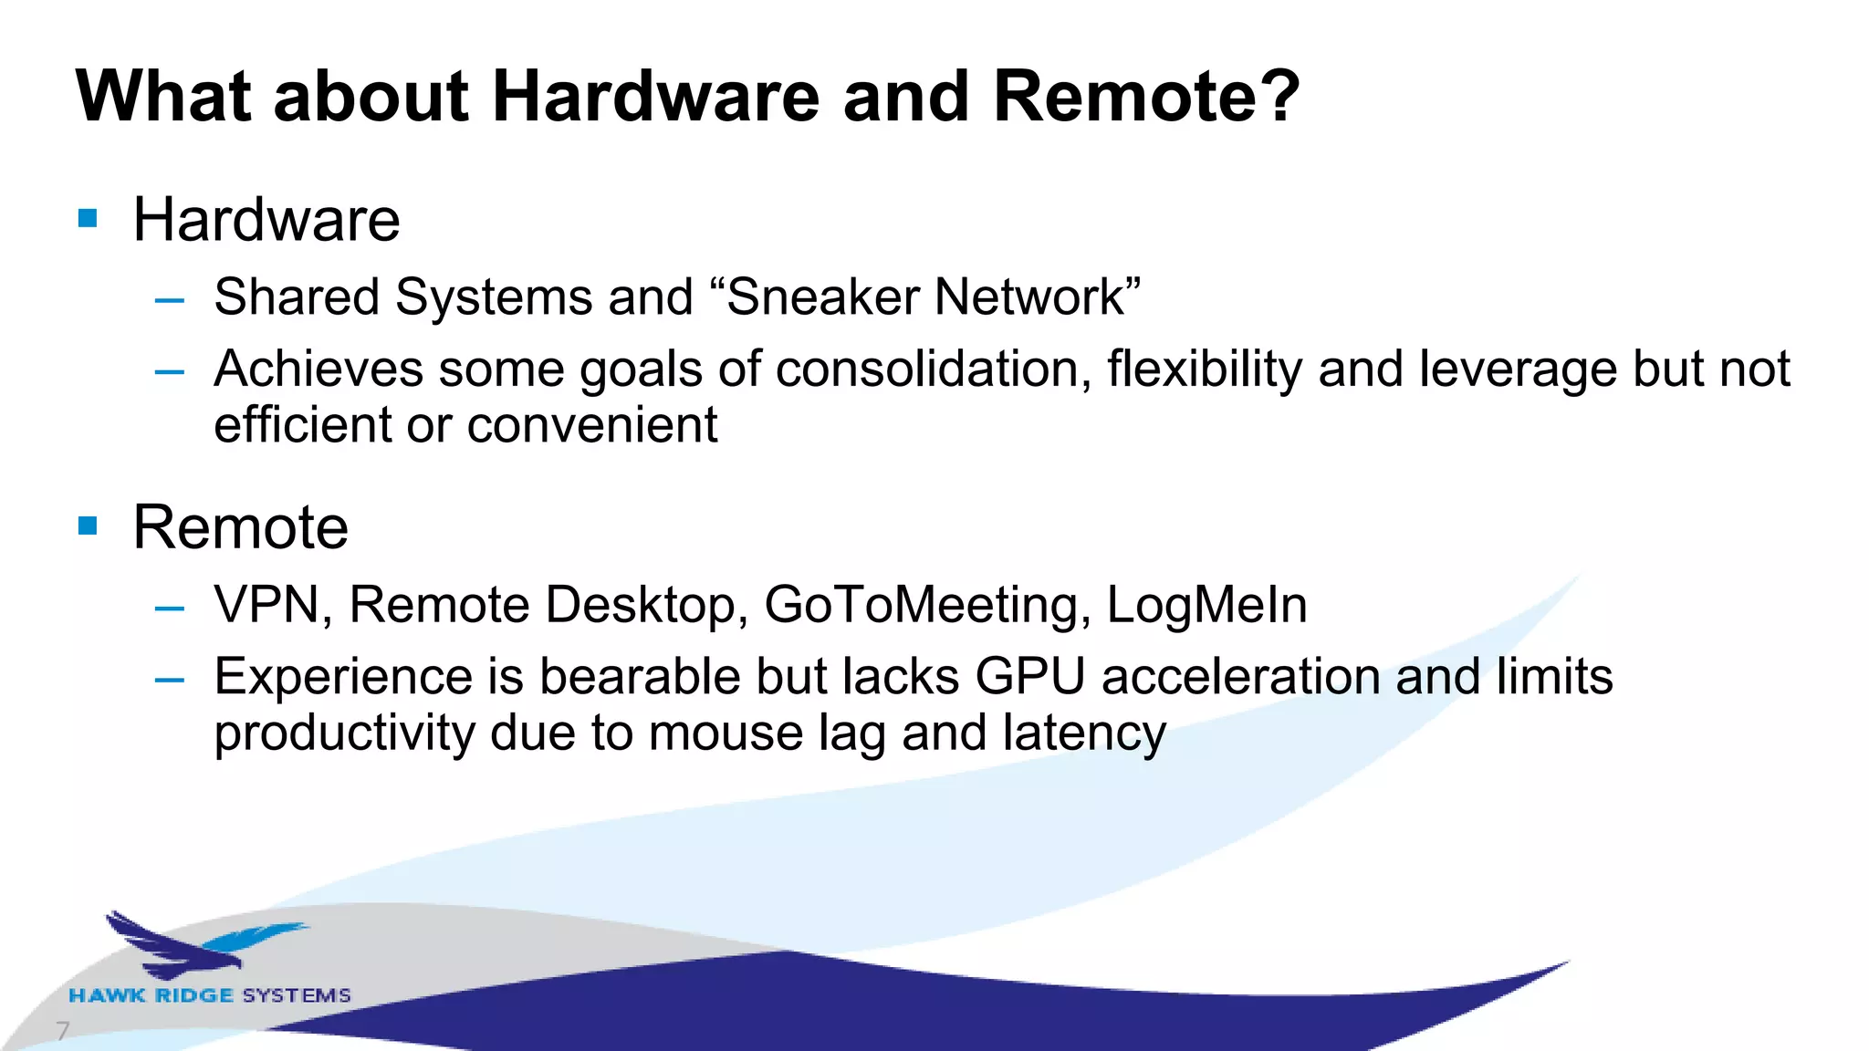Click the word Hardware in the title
[x=656, y=97]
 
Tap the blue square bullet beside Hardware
[x=88, y=218]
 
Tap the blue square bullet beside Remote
[x=88, y=525]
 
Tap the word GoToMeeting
[x=927, y=605]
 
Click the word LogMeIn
[x=1206, y=605]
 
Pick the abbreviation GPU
[x=1030, y=677]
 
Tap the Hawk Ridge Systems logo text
[x=210, y=995]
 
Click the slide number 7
[x=62, y=1031]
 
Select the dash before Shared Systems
[x=170, y=299]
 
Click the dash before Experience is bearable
[x=170, y=680]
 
